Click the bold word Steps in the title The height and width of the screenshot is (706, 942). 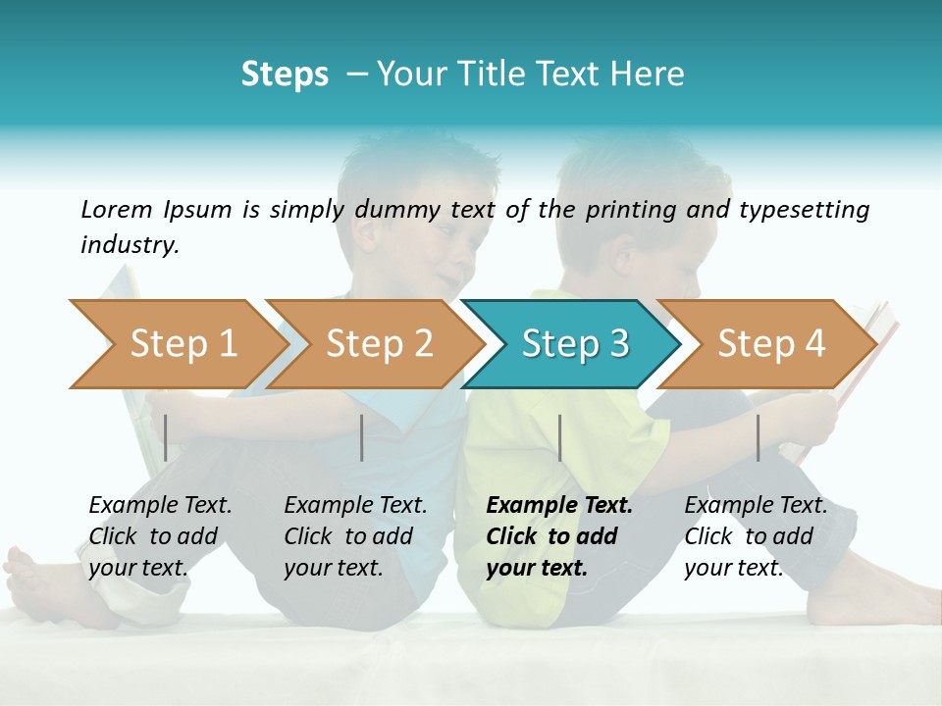(285, 75)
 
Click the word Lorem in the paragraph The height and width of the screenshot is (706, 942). (117, 209)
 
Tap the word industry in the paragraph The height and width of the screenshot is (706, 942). (129, 245)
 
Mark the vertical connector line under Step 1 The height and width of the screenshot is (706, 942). (166, 437)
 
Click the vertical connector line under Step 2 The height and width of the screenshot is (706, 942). (362, 437)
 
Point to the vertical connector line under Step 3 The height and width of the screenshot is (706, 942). (559, 437)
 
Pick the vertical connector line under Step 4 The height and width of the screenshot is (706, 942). (758, 437)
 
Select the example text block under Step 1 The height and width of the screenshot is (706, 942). (160, 536)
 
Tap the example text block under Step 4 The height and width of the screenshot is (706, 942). (756, 536)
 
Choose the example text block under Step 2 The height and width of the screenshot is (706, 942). (355, 536)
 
